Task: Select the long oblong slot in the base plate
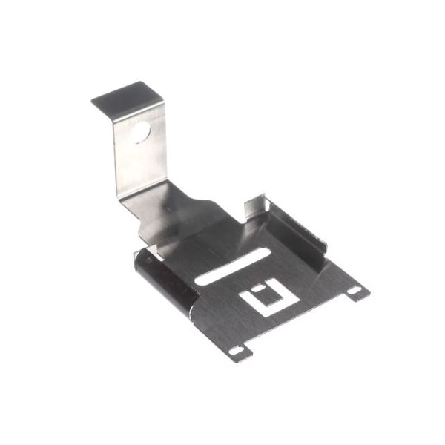(x=229, y=268)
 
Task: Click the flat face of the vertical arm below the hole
(x=141, y=167)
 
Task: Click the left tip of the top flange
(x=95, y=100)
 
